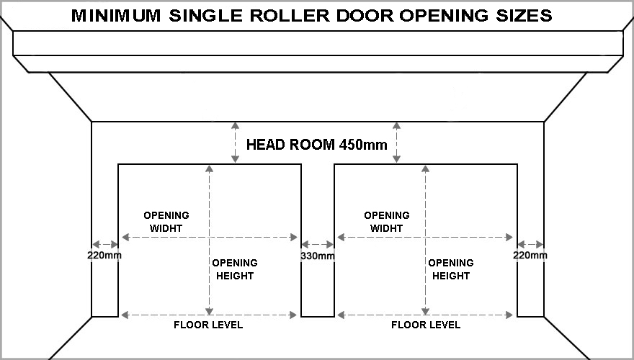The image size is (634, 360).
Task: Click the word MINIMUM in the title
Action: [x=116, y=16]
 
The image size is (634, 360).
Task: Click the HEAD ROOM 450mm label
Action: [x=316, y=144]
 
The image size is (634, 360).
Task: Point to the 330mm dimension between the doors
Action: [x=318, y=256]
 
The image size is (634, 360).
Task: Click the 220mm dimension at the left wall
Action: [x=104, y=256]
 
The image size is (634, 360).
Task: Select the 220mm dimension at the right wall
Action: [x=530, y=256]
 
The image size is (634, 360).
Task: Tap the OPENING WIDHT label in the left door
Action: [x=166, y=222]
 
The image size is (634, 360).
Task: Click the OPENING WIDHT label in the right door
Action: [x=387, y=222]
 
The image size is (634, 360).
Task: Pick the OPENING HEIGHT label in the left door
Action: [x=235, y=269]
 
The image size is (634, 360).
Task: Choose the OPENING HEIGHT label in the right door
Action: [x=451, y=269]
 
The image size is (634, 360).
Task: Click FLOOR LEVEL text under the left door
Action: [x=208, y=325]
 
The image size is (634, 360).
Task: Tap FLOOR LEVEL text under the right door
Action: [x=426, y=325]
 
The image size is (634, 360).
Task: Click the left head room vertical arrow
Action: [x=235, y=143]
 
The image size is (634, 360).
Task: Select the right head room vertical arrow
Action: [x=397, y=143]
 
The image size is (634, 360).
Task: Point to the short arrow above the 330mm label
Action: [x=318, y=244]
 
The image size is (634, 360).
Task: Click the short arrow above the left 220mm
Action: [x=105, y=244]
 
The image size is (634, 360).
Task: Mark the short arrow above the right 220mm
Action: [x=530, y=244]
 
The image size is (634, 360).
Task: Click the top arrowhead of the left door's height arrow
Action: [x=209, y=169]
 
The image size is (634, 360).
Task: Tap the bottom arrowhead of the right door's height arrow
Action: [x=425, y=311]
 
